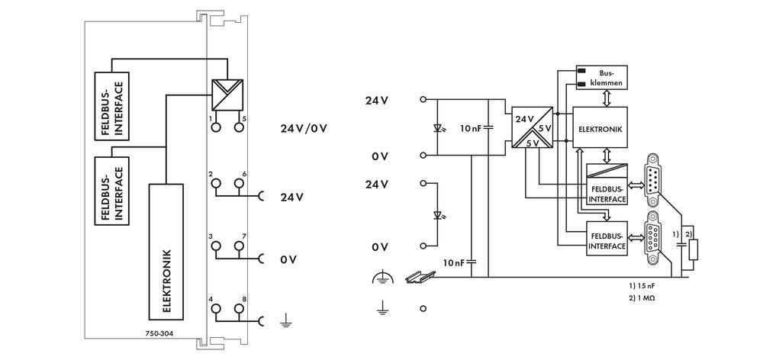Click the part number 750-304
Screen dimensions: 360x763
tap(158, 333)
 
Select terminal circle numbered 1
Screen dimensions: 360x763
tap(216, 127)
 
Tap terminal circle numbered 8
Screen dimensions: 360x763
tap(240, 308)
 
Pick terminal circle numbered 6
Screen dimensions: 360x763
tap(240, 184)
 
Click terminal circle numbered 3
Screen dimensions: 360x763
tap(216, 246)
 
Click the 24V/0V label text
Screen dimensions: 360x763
tap(304, 127)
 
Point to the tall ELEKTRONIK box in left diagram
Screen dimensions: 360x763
tap(167, 252)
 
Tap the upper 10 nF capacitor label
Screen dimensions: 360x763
tap(470, 129)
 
